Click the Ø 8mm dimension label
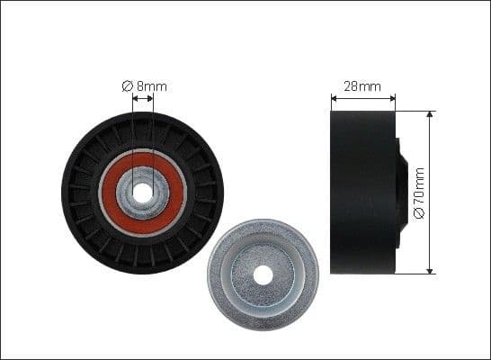tap(145, 86)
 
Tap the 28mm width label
tap(362, 87)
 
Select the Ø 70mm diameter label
tap(419, 193)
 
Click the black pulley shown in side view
tap(362, 192)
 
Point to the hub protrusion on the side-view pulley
tap(402, 192)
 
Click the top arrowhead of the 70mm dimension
tap(431, 115)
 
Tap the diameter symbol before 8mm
tap(128, 86)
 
